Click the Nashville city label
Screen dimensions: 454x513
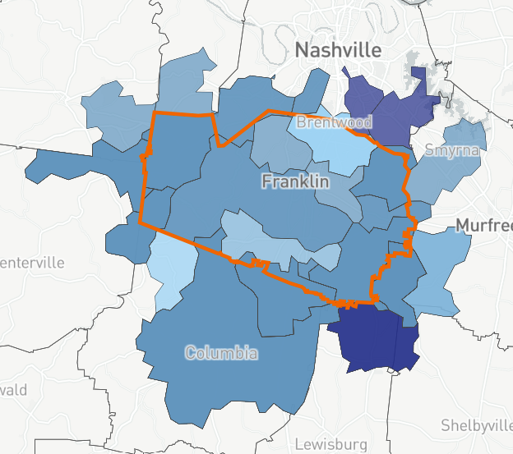338,50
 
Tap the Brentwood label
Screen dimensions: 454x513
334,122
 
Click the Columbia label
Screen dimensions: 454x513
221,354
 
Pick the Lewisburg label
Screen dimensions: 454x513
330,444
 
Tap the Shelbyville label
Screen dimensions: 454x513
476,424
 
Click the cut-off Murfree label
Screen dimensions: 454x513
484,226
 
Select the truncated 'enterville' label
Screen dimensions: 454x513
32,264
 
